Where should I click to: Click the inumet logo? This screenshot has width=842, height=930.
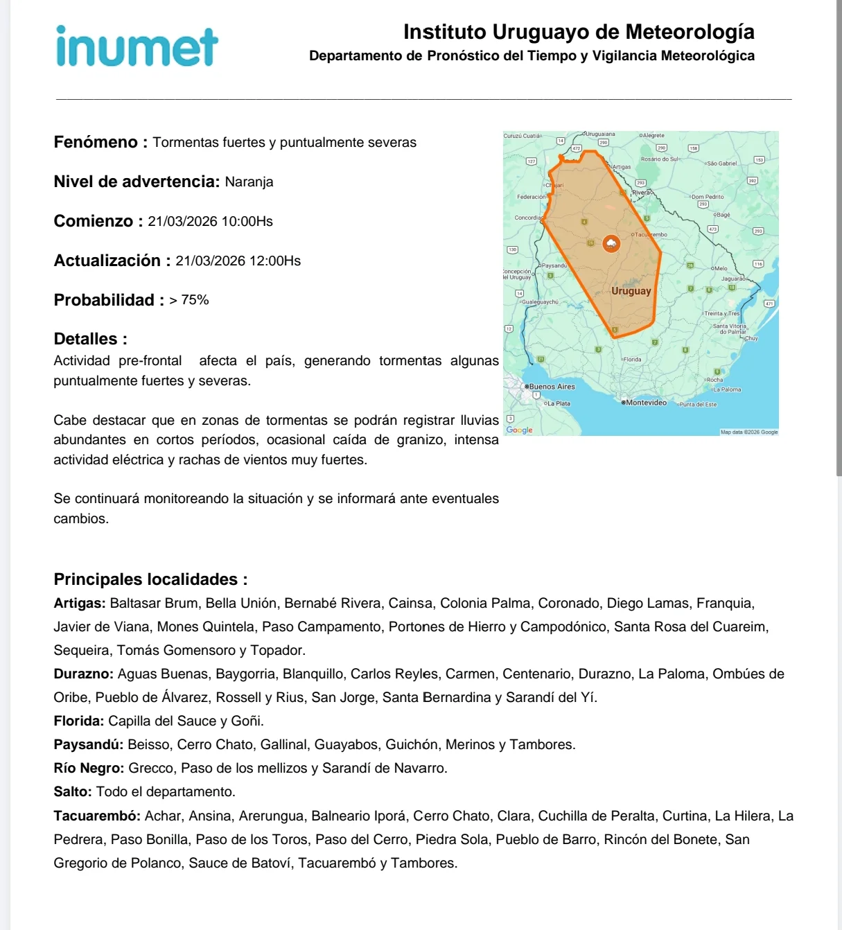pyautogui.click(x=137, y=47)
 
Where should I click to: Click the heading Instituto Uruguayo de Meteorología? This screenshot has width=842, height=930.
pyautogui.click(x=579, y=32)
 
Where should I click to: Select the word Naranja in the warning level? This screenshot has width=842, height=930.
pyautogui.click(x=249, y=182)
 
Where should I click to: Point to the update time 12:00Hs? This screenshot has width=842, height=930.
pyautogui.click(x=274, y=261)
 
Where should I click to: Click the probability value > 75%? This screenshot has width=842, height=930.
pyautogui.click(x=189, y=300)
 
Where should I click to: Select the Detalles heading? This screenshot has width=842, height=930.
pyautogui.click(x=90, y=339)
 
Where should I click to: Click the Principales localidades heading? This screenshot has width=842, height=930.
pyautogui.click(x=150, y=579)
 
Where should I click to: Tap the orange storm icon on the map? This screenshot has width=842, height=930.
pyautogui.click(x=611, y=243)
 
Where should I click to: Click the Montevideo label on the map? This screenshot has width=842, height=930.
pyautogui.click(x=646, y=403)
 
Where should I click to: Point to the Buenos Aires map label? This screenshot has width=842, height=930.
pyautogui.click(x=552, y=387)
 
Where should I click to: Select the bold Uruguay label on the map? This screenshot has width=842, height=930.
pyautogui.click(x=631, y=291)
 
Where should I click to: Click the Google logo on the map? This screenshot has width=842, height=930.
pyautogui.click(x=520, y=430)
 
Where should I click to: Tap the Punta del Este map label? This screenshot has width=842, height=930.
pyautogui.click(x=698, y=404)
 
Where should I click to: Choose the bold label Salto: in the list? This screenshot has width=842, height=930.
pyautogui.click(x=73, y=792)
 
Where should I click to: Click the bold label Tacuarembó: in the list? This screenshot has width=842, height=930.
pyautogui.click(x=97, y=816)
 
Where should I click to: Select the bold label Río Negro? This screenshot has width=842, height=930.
pyautogui.click(x=89, y=769)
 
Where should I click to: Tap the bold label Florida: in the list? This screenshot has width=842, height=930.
pyautogui.click(x=79, y=721)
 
